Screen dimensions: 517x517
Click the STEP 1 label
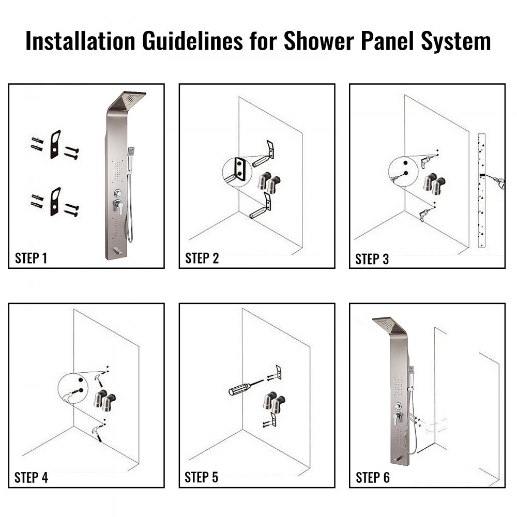click(31, 258)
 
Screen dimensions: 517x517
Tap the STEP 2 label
click(202, 258)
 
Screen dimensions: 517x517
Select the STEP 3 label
click(372, 259)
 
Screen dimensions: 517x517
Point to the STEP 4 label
click(31, 478)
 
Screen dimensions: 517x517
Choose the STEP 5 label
click(202, 478)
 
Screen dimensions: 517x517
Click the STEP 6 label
click(372, 478)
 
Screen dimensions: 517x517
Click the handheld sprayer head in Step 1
click(131, 153)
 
